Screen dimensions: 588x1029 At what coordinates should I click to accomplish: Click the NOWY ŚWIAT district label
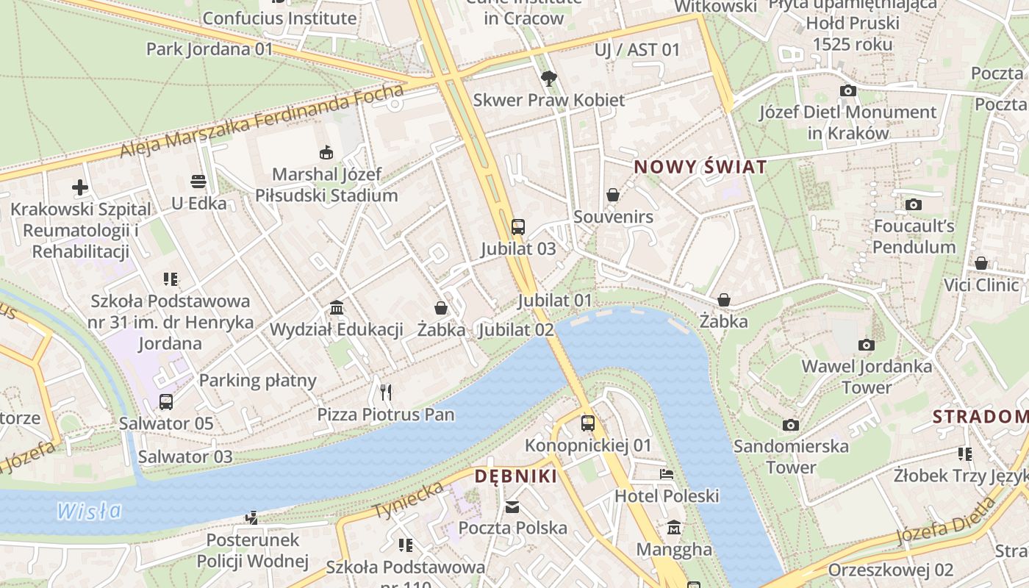coord(700,167)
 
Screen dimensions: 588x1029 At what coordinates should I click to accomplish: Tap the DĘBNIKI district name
coord(515,476)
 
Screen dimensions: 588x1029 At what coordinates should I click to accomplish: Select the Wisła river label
coord(89,510)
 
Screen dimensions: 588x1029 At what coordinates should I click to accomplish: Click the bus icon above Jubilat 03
coord(518,226)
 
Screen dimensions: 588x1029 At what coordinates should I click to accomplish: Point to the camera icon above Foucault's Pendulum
coord(914,204)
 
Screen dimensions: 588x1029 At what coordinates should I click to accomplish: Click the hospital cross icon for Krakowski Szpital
coord(80,187)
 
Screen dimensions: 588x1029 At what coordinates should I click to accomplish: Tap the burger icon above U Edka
coord(198,181)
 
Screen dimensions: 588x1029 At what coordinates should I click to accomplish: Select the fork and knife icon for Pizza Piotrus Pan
coord(386,392)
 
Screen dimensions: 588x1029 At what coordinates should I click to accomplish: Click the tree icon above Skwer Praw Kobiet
coord(548,78)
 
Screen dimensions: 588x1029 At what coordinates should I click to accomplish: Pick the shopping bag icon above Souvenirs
coord(613,195)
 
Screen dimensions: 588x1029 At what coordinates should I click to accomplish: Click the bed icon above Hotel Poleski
coord(667,474)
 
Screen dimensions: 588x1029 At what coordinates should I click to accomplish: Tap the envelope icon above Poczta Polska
coord(512,506)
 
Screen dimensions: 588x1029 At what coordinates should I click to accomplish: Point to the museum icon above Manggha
coord(674,528)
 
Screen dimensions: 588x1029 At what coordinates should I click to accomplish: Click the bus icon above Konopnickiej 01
coord(587,423)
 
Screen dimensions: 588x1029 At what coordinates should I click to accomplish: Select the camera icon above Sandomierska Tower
coord(791,425)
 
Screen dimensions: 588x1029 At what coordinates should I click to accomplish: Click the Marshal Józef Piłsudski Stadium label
coord(326,185)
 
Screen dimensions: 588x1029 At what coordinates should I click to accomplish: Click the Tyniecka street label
coord(408,501)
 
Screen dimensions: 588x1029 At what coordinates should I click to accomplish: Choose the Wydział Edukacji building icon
coord(337,307)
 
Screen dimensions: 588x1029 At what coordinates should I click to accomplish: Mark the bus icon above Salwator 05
coord(166,402)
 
